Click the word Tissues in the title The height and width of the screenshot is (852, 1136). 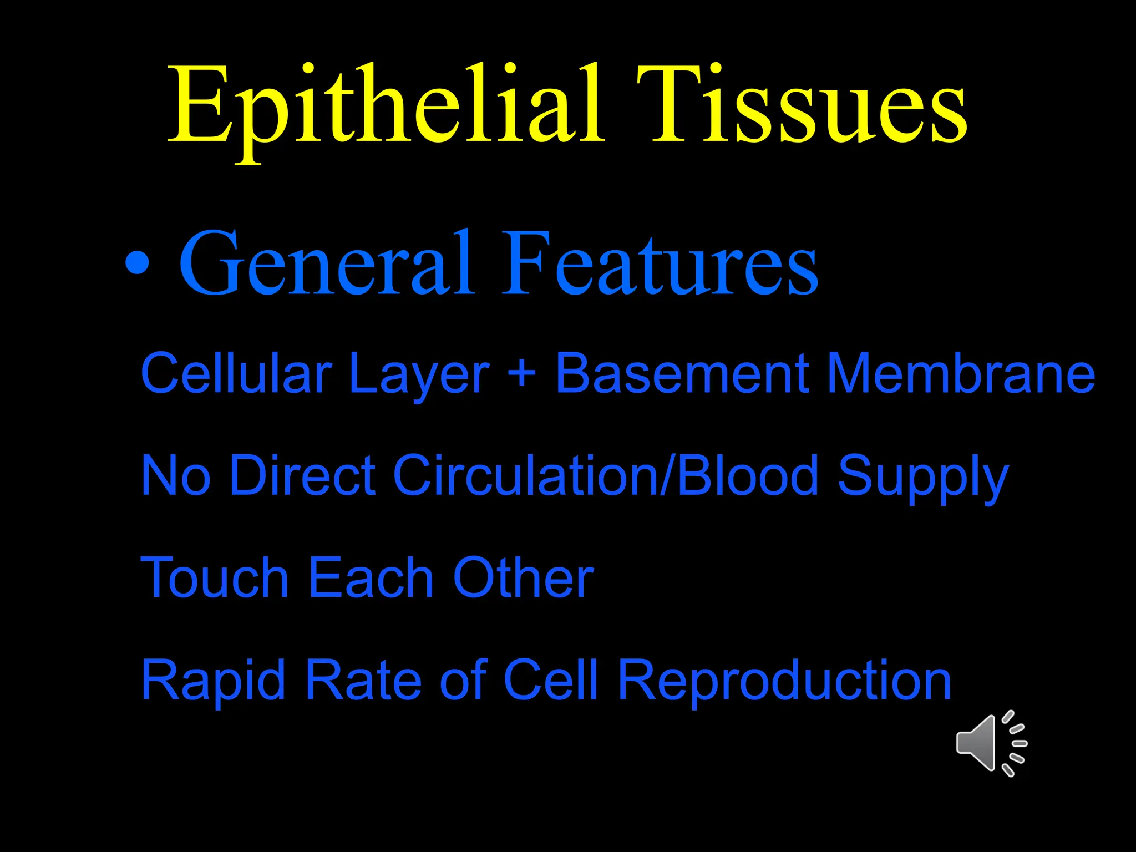(x=802, y=105)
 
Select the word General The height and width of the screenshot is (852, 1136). (x=327, y=263)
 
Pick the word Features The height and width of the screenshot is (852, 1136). (x=660, y=263)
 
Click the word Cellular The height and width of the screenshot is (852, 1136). (x=236, y=373)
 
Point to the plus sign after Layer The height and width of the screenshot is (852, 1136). (x=521, y=372)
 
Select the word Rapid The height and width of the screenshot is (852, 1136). (x=214, y=681)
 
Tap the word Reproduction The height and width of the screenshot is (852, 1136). (x=784, y=681)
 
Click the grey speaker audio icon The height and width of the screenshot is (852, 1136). (x=991, y=743)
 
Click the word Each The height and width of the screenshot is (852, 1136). (x=371, y=578)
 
